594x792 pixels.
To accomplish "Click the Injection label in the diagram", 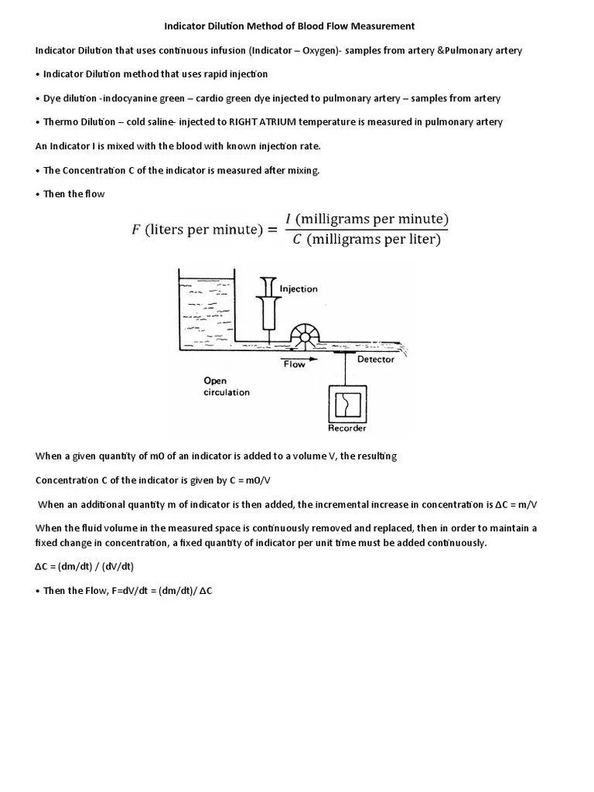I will [x=299, y=289].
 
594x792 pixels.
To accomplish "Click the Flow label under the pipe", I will [x=294, y=364].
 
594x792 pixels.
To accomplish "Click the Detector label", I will [x=375, y=360].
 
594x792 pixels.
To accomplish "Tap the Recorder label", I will [x=347, y=428].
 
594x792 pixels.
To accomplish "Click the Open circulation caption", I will [x=226, y=386].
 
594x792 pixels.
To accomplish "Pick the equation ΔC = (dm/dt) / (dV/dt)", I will [x=85, y=567].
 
